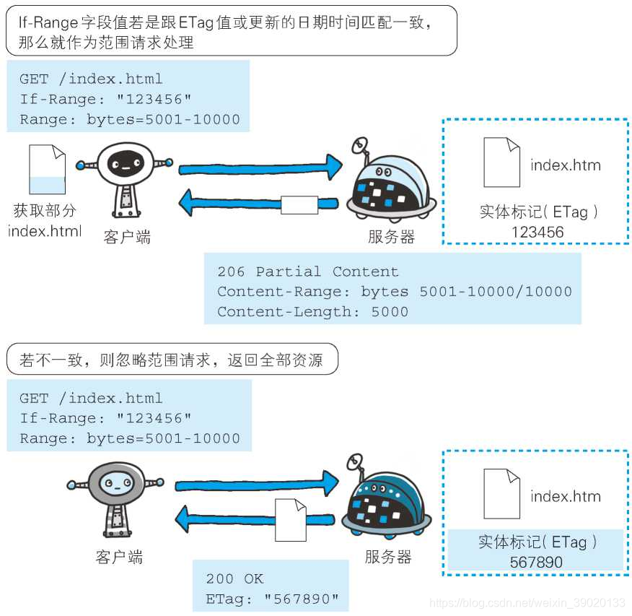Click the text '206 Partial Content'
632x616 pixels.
click(308, 272)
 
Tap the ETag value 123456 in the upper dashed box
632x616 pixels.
click(537, 232)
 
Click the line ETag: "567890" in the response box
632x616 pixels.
click(272, 599)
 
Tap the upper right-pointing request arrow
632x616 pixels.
click(260, 168)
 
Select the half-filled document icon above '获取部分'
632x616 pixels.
click(47, 170)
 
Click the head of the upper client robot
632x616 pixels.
click(124, 162)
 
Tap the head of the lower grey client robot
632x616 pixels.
click(115, 481)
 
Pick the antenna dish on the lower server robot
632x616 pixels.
click(355, 462)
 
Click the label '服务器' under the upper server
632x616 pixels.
click(391, 237)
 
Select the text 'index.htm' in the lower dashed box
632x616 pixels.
click(566, 496)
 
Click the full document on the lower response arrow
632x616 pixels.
click(290, 519)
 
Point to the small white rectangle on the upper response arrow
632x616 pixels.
click(299, 205)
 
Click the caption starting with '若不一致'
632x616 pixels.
click(172, 359)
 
